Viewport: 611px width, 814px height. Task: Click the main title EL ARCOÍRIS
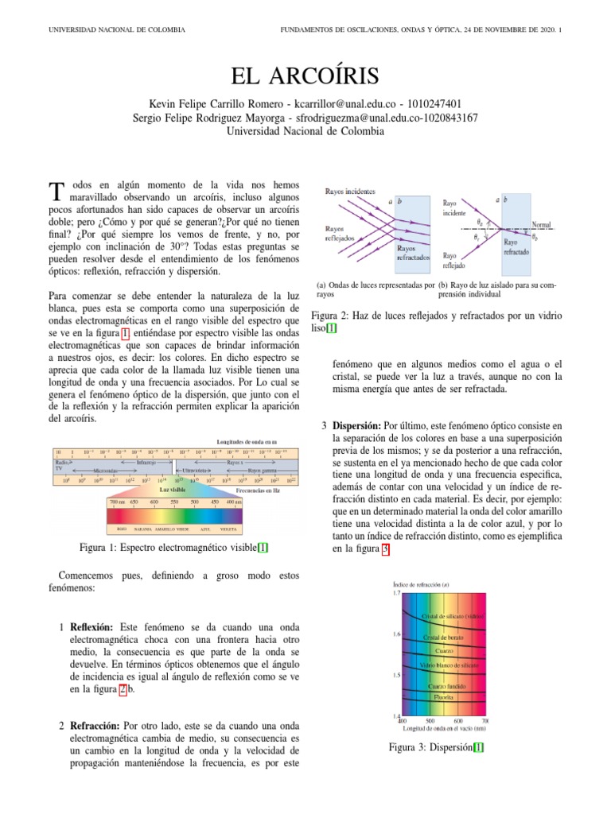tap(305, 76)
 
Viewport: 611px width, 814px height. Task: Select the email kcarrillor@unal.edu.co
tap(345, 104)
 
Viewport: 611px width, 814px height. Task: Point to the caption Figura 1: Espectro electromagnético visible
tap(174, 547)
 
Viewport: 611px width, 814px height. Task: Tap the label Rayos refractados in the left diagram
tap(414, 253)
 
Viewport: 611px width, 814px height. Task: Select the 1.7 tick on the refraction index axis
tap(395, 593)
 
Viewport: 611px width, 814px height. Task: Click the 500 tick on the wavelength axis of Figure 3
tap(430, 722)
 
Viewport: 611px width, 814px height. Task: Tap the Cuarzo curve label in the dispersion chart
tap(444, 649)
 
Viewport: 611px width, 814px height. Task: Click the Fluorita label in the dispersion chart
tap(443, 696)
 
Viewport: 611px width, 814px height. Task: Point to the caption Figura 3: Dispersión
tap(436, 747)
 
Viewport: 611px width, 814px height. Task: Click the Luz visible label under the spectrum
tap(174, 490)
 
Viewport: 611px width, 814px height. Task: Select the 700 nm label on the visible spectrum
tap(118, 502)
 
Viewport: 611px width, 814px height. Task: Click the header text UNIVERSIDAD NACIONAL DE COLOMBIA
tap(117, 30)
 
